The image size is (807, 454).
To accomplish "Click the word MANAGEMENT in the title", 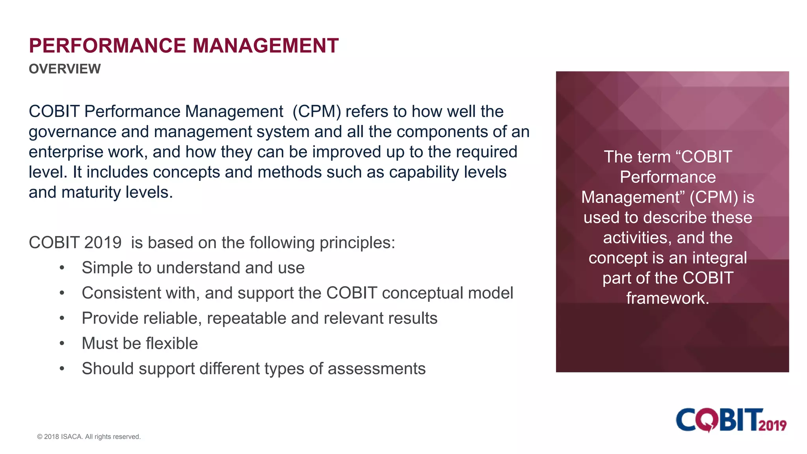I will [265, 46].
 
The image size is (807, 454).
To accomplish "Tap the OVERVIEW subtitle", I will [65, 69].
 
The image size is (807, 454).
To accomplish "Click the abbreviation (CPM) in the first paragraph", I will [317, 112].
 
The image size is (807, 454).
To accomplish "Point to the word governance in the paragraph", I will [73, 132].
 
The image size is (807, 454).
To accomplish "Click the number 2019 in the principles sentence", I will [103, 243].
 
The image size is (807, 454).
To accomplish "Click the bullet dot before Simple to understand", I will [62, 268].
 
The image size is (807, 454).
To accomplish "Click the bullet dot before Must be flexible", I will [62, 344].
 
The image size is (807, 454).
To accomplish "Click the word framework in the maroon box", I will [668, 298].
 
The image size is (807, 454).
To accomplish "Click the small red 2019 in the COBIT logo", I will [772, 425].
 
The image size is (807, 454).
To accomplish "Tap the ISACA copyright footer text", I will [89, 437].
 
